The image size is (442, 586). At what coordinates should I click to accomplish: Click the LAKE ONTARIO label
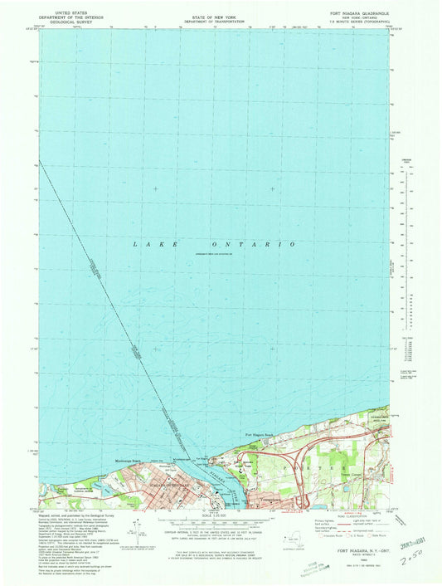click(x=214, y=244)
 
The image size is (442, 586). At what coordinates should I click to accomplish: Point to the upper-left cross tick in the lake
click(x=155, y=188)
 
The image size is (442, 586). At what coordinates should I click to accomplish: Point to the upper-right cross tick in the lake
click(x=273, y=188)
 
